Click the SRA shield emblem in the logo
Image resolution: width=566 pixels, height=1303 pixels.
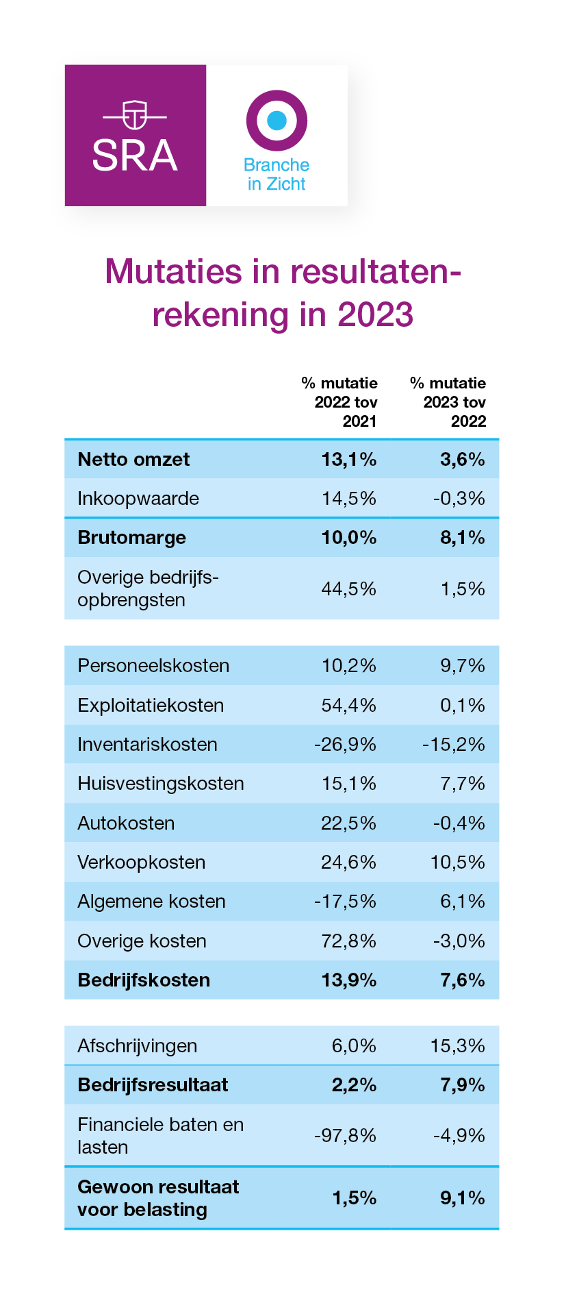click(x=135, y=114)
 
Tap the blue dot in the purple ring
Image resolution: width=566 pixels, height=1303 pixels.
click(x=276, y=121)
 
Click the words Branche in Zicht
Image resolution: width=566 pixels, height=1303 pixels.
click(x=276, y=175)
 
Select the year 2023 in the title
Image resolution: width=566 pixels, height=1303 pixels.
click(x=375, y=314)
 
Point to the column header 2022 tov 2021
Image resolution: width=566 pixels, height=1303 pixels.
click(x=346, y=411)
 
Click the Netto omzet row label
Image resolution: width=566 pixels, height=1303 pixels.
click(x=133, y=459)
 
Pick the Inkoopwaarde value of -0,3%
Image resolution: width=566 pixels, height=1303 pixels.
click(x=459, y=498)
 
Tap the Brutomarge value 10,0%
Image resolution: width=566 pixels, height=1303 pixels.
click(x=349, y=538)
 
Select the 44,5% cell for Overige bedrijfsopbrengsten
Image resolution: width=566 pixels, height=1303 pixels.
click(x=349, y=588)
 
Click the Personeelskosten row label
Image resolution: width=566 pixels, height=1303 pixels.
click(x=153, y=666)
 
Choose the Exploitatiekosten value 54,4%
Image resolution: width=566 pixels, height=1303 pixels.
click(x=349, y=705)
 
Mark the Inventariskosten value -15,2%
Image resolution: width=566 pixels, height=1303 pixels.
click(x=453, y=744)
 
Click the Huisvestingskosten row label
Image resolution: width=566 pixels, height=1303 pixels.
click(x=161, y=784)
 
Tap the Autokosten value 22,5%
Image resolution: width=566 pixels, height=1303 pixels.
click(x=349, y=823)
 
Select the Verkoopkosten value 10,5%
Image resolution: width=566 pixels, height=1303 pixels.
click(x=458, y=862)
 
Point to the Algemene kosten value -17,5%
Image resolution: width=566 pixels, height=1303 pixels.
click(x=345, y=901)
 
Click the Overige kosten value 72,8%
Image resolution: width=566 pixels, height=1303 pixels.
click(x=349, y=941)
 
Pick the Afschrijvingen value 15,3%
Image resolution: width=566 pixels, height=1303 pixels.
click(x=458, y=1045)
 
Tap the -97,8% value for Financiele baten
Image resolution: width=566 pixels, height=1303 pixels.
click(x=345, y=1135)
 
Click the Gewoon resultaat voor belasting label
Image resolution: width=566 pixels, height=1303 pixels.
click(x=158, y=1198)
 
